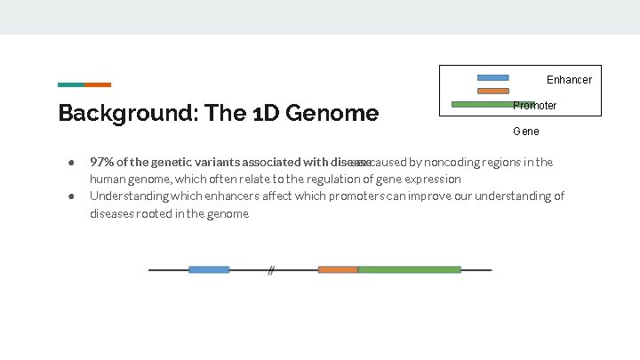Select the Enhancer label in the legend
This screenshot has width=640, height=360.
tap(569, 80)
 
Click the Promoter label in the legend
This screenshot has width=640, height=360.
tap(535, 106)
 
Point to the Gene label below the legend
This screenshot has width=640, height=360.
tap(525, 132)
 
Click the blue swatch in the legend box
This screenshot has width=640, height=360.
tap(492, 77)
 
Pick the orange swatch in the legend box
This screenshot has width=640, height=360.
tap(492, 91)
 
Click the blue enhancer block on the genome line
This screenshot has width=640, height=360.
tap(209, 269)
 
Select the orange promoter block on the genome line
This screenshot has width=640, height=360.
tap(338, 269)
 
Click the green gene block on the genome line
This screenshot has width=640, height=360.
tap(409, 269)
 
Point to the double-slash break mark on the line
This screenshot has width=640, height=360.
tap(271, 270)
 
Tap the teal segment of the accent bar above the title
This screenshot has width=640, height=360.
tap(71, 85)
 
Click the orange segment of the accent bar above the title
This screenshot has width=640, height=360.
tap(98, 85)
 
